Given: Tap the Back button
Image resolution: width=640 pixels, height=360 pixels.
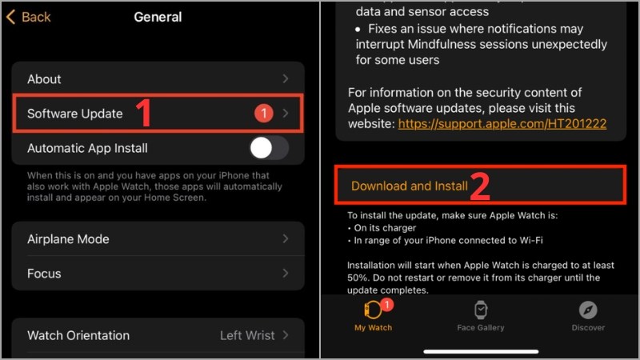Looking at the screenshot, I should (x=29, y=17).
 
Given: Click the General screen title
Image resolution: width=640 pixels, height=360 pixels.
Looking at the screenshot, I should (x=158, y=17).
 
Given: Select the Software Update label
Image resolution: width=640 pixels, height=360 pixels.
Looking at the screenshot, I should (x=75, y=114).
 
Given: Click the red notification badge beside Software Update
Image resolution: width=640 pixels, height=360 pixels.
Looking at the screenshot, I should (x=264, y=114).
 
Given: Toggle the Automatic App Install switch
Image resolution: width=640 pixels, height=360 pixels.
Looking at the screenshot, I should (x=269, y=148).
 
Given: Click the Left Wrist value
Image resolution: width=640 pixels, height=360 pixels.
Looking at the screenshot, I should (x=247, y=335).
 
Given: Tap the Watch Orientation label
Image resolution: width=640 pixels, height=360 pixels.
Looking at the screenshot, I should (x=78, y=335).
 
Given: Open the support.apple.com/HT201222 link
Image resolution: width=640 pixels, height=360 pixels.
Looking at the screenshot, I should (x=502, y=124).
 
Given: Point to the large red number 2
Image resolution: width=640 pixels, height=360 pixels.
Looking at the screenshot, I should (x=480, y=186).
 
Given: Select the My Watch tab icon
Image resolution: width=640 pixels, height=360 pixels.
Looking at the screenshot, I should (x=374, y=310).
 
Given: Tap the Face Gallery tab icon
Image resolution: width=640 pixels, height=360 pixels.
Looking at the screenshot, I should (x=481, y=310).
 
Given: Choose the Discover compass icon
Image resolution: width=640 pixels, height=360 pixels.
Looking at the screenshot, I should (x=588, y=310).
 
